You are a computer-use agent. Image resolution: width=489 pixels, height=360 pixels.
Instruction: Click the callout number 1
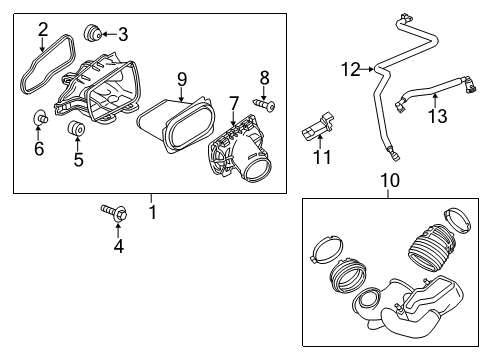pos(152,212)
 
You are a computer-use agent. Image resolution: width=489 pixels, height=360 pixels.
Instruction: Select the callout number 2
pos(43,29)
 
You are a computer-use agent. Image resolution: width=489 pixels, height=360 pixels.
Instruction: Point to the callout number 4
pos(118,245)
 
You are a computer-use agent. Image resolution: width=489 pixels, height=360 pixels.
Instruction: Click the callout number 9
pos(182,77)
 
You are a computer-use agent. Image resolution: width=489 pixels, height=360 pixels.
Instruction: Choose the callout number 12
pos(349,69)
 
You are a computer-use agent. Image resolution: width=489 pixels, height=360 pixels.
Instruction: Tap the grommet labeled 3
pos(96,34)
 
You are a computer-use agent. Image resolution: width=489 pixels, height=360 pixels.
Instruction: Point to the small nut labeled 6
pos(39,121)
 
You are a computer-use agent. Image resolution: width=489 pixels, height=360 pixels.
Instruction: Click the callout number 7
pos(233,104)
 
